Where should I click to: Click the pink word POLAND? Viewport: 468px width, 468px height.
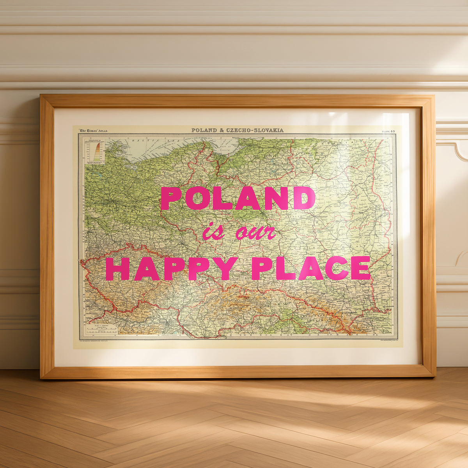[238, 198]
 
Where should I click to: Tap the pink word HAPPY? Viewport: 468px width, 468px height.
[172, 269]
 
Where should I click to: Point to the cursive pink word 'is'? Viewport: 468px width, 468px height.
[213, 232]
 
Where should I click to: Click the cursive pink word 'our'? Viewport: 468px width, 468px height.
[255, 233]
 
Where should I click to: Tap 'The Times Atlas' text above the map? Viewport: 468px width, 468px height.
[93, 130]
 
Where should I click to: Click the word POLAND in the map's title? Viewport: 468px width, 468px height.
[205, 130]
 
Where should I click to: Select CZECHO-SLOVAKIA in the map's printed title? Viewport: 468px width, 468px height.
[255, 130]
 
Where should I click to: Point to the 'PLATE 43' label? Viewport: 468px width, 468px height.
[388, 131]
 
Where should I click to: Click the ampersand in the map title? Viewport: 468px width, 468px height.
[222, 130]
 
